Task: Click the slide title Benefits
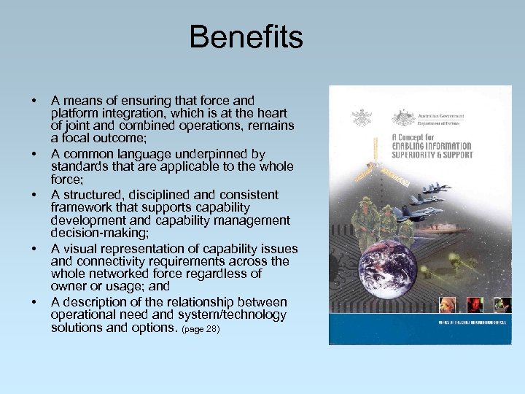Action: tap(246, 36)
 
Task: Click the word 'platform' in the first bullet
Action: tap(77, 113)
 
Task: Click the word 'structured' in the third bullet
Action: tap(92, 195)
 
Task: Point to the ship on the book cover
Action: tap(446, 228)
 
